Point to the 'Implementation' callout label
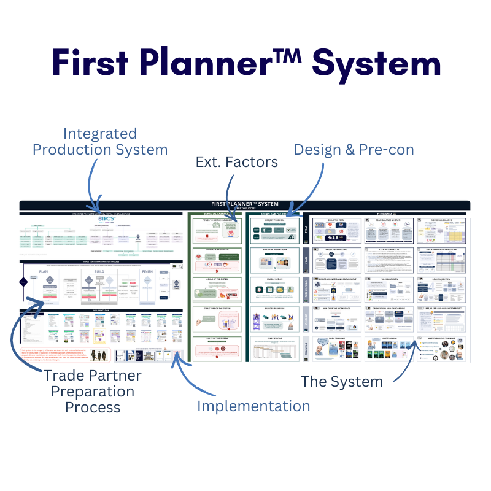(x=253, y=406)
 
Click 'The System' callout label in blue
(x=341, y=381)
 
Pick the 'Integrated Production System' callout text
(x=100, y=141)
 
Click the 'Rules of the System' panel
(x=214, y=349)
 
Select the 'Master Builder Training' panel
(x=441, y=349)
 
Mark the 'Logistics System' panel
(x=441, y=288)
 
